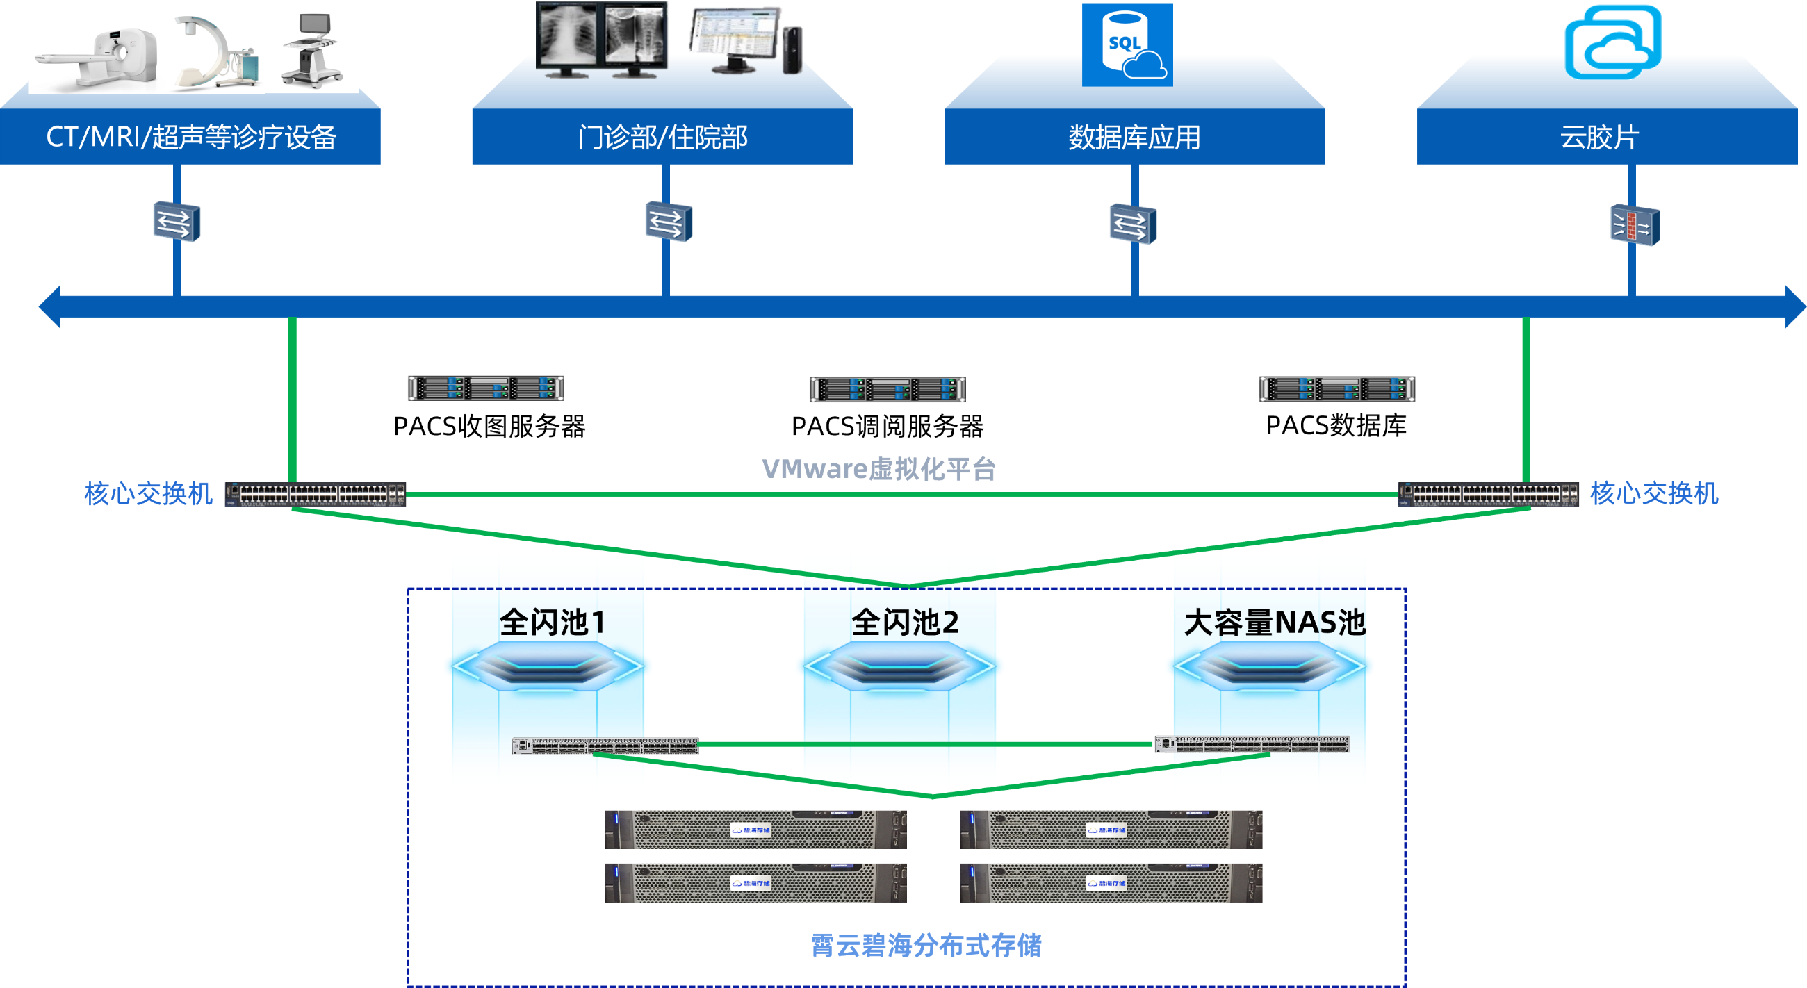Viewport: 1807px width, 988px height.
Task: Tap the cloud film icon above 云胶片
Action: [x=1612, y=42]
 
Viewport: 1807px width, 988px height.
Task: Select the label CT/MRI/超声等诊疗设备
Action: [x=191, y=137]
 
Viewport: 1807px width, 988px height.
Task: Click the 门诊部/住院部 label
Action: [x=663, y=137]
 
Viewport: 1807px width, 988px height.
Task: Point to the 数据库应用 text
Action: [x=1134, y=137]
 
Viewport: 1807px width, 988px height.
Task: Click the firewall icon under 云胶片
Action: [x=1635, y=226]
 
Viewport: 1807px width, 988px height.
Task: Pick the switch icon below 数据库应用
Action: [x=1132, y=224]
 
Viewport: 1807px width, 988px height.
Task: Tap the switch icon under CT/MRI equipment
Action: [x=176, y=222]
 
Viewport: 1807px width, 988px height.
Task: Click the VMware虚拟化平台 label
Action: [x=879, y=468]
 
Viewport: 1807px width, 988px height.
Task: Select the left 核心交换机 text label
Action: [x=148, y=493]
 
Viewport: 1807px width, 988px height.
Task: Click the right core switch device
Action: [x=1488, y=495]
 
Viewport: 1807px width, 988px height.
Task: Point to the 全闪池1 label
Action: [x=552, y=623]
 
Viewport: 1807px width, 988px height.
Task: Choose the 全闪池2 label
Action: [x=905, y=623]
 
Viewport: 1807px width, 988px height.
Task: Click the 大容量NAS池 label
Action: [x=1274, y=623]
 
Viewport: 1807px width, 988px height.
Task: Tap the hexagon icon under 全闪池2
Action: [x=899, y=666]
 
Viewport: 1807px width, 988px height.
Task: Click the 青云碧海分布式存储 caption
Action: [x=926, y=945]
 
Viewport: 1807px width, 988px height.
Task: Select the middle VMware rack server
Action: [x=887, y=389]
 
